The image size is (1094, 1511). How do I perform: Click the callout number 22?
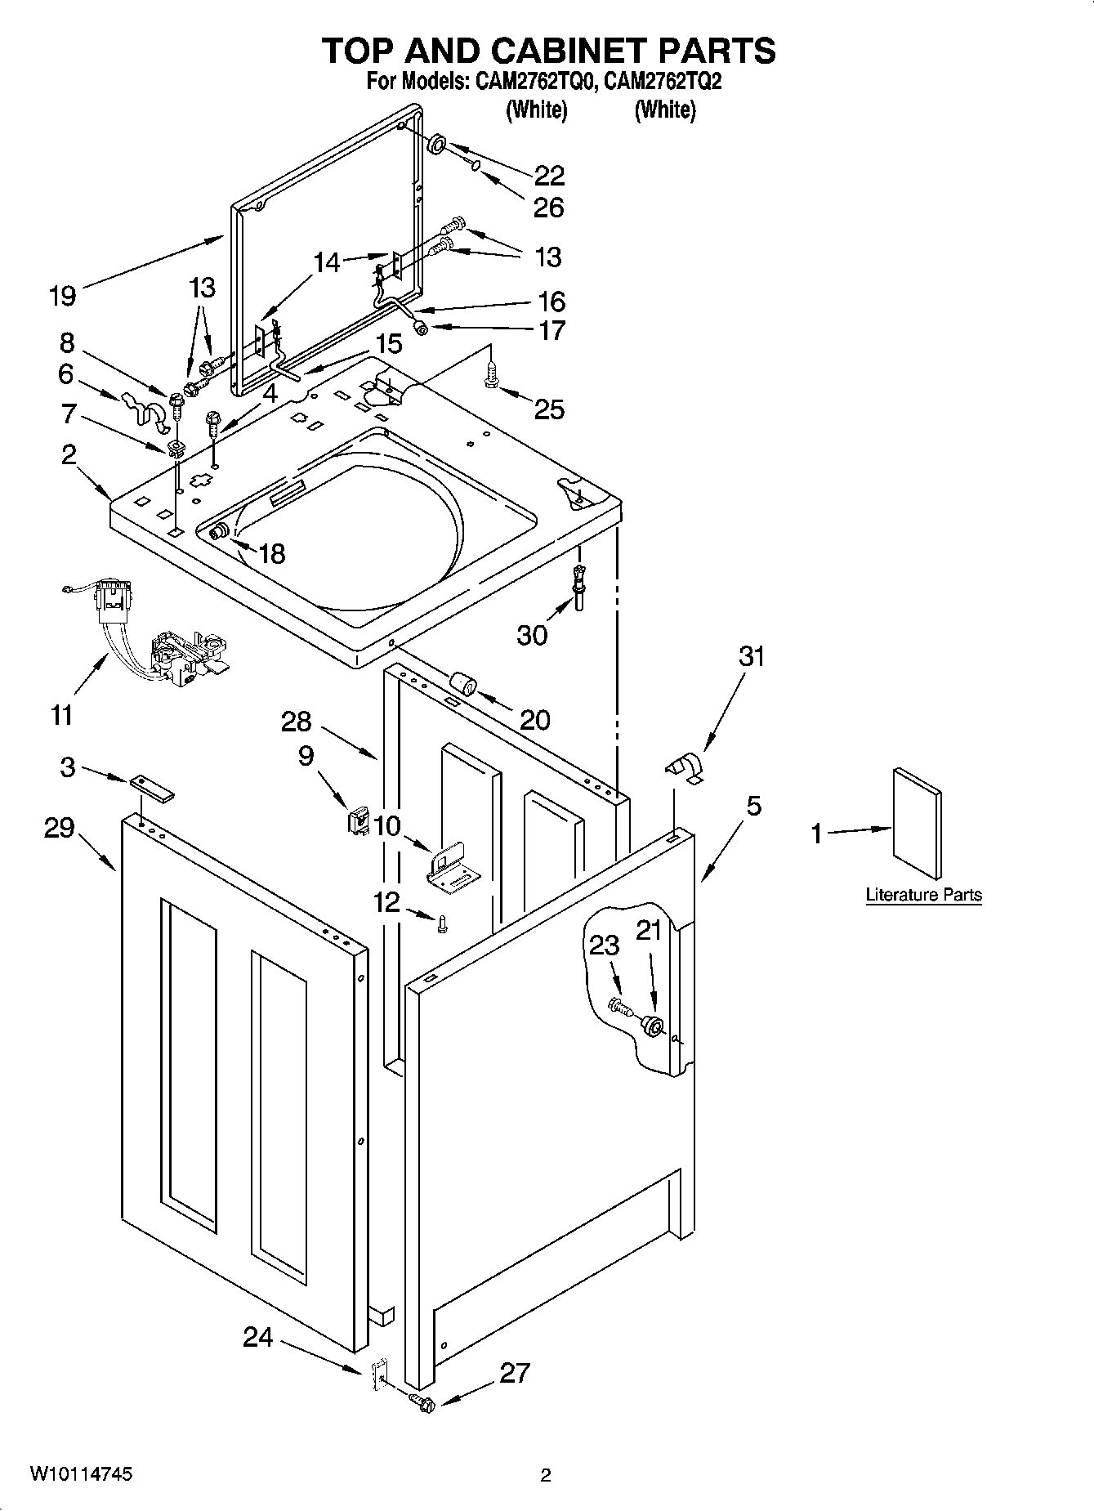click(x=549, y=176)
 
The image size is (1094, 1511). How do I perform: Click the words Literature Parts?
click(x=923, y=895)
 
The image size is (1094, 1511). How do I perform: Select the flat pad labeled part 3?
click(x=151, y=786)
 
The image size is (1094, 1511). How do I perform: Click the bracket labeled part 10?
click(x=452, y=867)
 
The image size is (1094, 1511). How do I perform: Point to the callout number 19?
click(x=62, y=295)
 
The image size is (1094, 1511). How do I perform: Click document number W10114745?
click(x=81, y=1474)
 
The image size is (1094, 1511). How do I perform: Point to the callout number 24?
click(x=257, y=1337)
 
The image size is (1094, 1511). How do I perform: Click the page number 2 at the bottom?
click(x=545, y=1475)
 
